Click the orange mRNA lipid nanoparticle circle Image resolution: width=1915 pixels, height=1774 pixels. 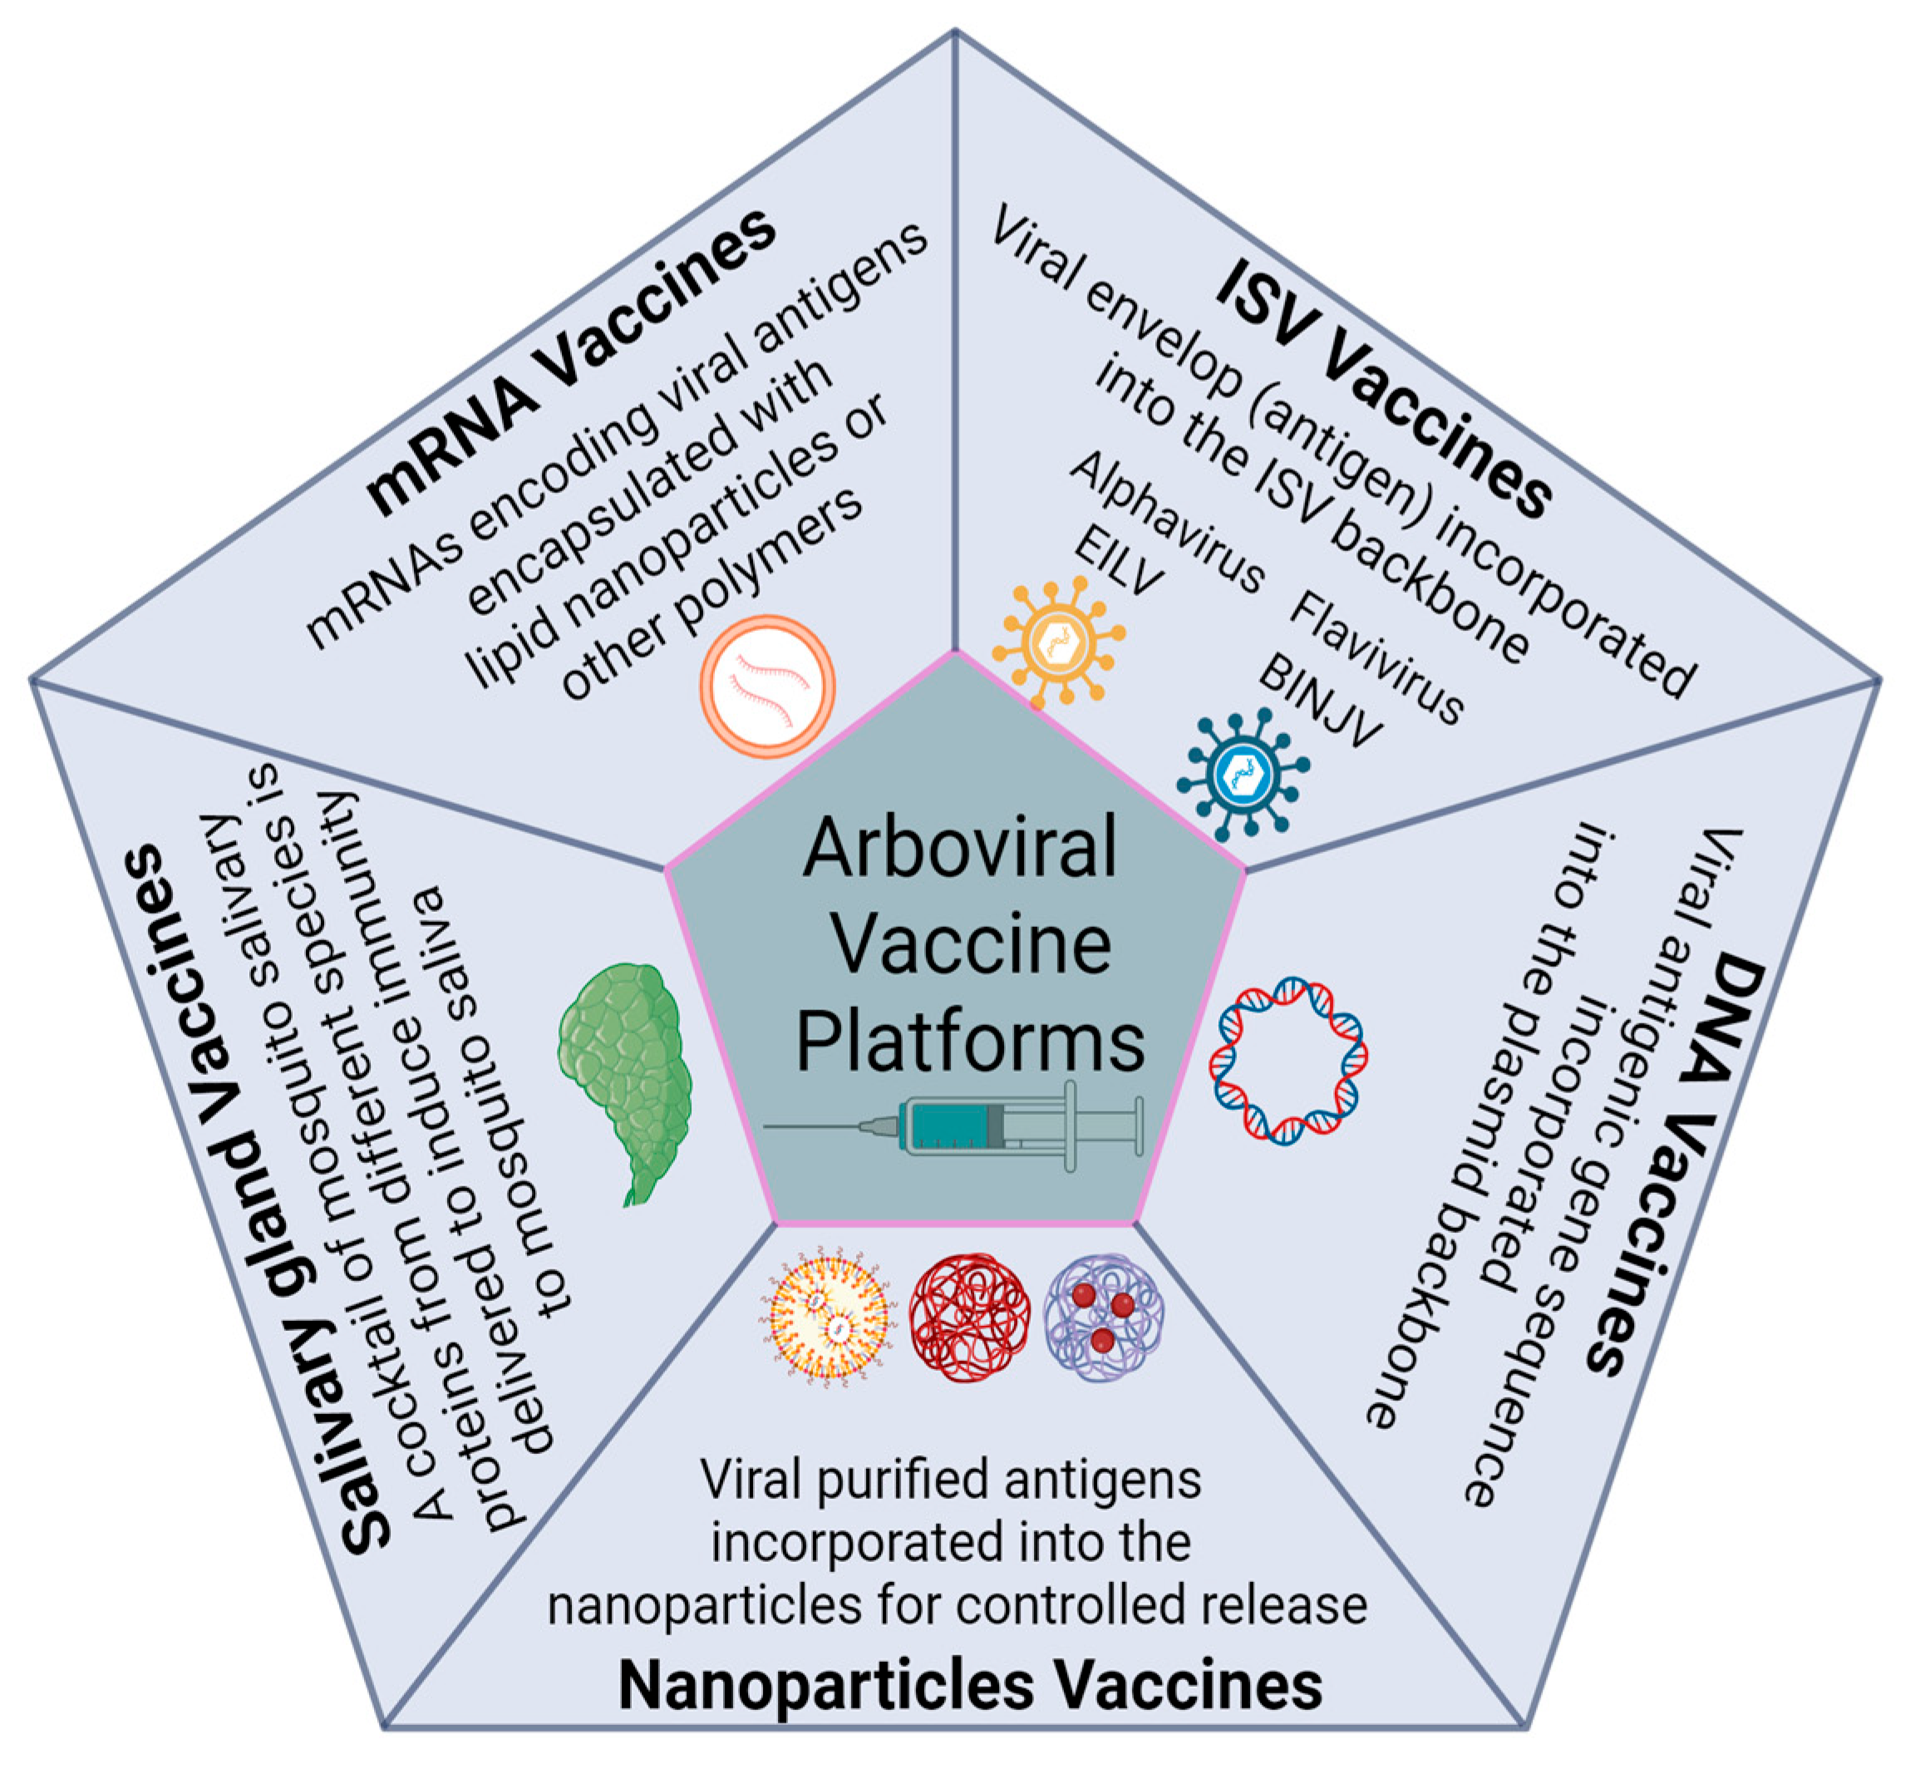click(x=767, y=685)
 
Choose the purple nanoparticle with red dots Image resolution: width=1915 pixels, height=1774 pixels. click(x=1104, y=1316)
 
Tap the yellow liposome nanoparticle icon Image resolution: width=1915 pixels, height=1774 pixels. click(x=830, y=1316)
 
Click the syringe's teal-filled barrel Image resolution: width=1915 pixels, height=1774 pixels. click(x=950, y=1125)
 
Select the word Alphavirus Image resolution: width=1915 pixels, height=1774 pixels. click(x=1166, y=523)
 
